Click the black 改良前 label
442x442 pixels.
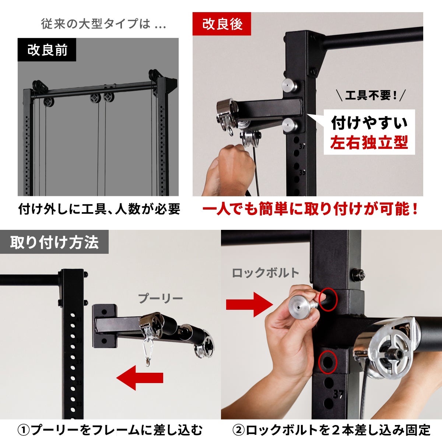tap(47, 50)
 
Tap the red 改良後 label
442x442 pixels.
tap(222, 24)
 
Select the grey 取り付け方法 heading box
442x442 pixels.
tap(54, 242)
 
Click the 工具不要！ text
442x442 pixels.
tap(371, 95)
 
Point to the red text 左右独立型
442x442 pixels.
tap(369, 142)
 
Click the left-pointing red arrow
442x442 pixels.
tap(140, 378)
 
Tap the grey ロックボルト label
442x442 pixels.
tap(265, 273)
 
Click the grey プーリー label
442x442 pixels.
tap(160, 299)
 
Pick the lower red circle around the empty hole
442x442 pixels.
tap(328, 362)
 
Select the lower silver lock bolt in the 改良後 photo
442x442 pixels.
tap(290, 125)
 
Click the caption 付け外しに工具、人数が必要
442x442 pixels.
tap(99, 209)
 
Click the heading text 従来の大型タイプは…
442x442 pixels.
tap(104, 24)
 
